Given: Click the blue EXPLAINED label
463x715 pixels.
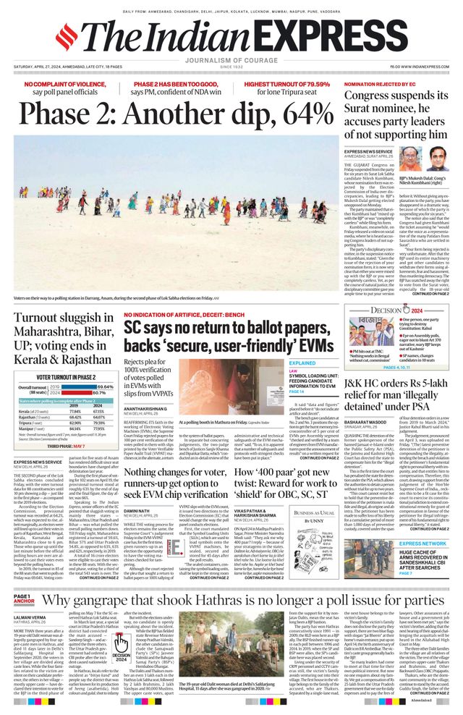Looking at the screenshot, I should point(302,363).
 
